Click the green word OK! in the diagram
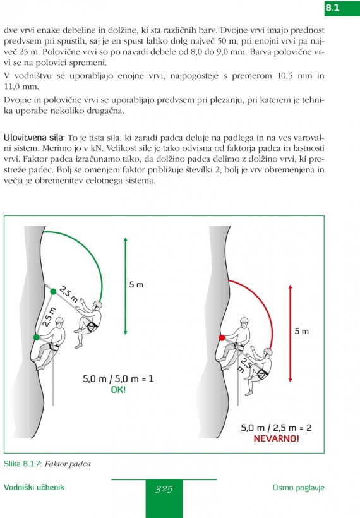(118, 390)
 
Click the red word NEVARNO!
(277, 438)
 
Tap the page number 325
(164, 489)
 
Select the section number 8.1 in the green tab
(333, 8)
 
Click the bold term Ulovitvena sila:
(34, 138)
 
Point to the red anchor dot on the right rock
(222, 337)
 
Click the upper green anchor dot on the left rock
(53, 291)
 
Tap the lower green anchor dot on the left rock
(37, 337)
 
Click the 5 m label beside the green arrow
(136, 285)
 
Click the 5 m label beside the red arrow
(301, 331)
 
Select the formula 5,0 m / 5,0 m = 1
(118, 378)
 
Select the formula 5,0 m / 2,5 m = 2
(276, 428)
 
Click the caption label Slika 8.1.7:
(23, 464)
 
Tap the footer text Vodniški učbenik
(34, 487)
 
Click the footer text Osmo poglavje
(299, 488)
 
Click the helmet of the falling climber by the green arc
(97, 304)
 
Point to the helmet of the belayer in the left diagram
(59, 320)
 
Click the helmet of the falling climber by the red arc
(268, 352)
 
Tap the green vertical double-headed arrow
(126, 286)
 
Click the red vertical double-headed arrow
(291, 334)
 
